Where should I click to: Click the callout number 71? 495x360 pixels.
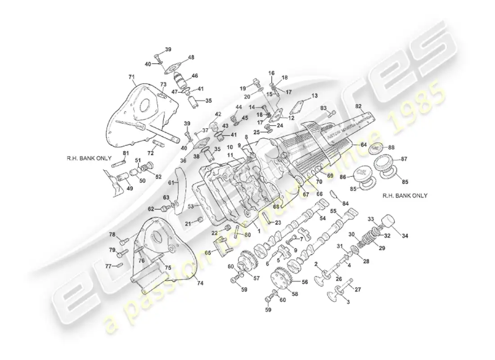click(131, 77)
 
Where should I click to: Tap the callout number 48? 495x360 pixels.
click(191, 57)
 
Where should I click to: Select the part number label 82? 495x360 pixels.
click(359, 106)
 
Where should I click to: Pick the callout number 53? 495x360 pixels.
click(191, 207)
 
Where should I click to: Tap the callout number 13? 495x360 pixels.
click(314, 96)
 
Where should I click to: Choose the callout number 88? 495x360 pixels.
click(391, 147)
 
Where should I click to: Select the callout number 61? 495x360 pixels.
click(171, 182)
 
